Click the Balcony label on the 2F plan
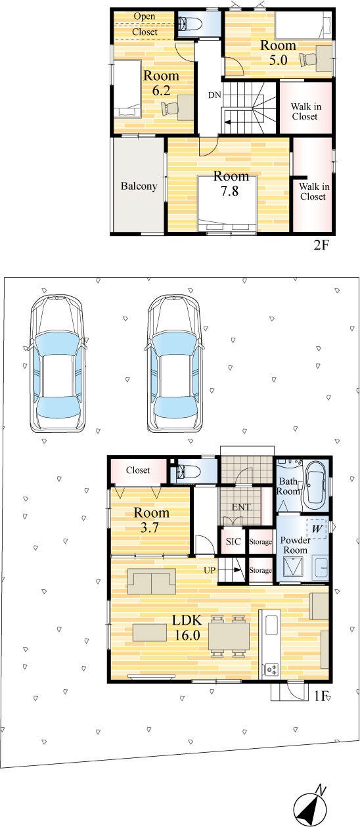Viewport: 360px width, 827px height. (139, 186)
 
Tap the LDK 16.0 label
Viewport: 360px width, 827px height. (187, 627)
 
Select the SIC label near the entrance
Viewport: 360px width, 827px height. (233, 542)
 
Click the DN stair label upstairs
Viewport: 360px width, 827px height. (214, 95)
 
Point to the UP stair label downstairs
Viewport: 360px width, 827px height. (210, 570)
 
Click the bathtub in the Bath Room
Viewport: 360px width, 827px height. (315, 483)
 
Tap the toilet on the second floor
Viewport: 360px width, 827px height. (189, 24)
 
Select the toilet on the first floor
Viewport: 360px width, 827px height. (189, 471)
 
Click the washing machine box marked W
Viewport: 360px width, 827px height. (317, 528)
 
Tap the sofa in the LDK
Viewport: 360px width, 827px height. (151, 581)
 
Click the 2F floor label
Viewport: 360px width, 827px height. (321, 245)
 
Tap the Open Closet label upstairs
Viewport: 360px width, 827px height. (145, 24)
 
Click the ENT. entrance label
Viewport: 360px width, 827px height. (242, 507)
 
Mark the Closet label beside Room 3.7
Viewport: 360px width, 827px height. (138, 470)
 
